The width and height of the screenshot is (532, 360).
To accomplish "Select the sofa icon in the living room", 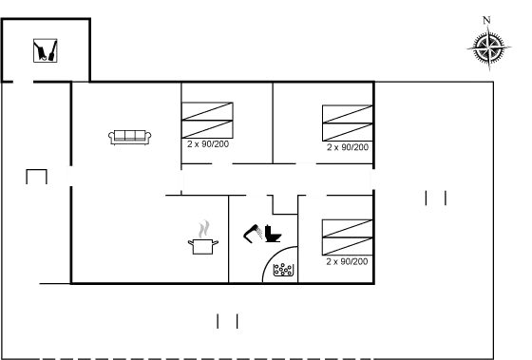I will pyautogui.click(x=130, y=139).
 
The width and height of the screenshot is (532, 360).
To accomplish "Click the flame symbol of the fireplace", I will pyautogui.click(x=203, y=229).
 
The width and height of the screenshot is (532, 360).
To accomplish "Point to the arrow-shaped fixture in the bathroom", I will pyautogui.click(x=257, y=232).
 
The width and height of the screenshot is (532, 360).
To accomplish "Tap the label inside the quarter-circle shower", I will pyautogui.click(x=282, y=271).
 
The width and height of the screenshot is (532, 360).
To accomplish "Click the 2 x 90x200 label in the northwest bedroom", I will pyautogui.click(x=208, y=145).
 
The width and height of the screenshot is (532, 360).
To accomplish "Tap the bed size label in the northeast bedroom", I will pyautogui.click(x=347, y=147).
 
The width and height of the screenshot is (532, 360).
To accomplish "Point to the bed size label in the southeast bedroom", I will pyautogui.click(x=347, y=259).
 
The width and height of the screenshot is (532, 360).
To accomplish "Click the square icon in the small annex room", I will pyautogui.click(x=44, y=49).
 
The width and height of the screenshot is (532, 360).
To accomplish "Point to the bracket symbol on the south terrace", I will pyautogui.click(x=227, y=320).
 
